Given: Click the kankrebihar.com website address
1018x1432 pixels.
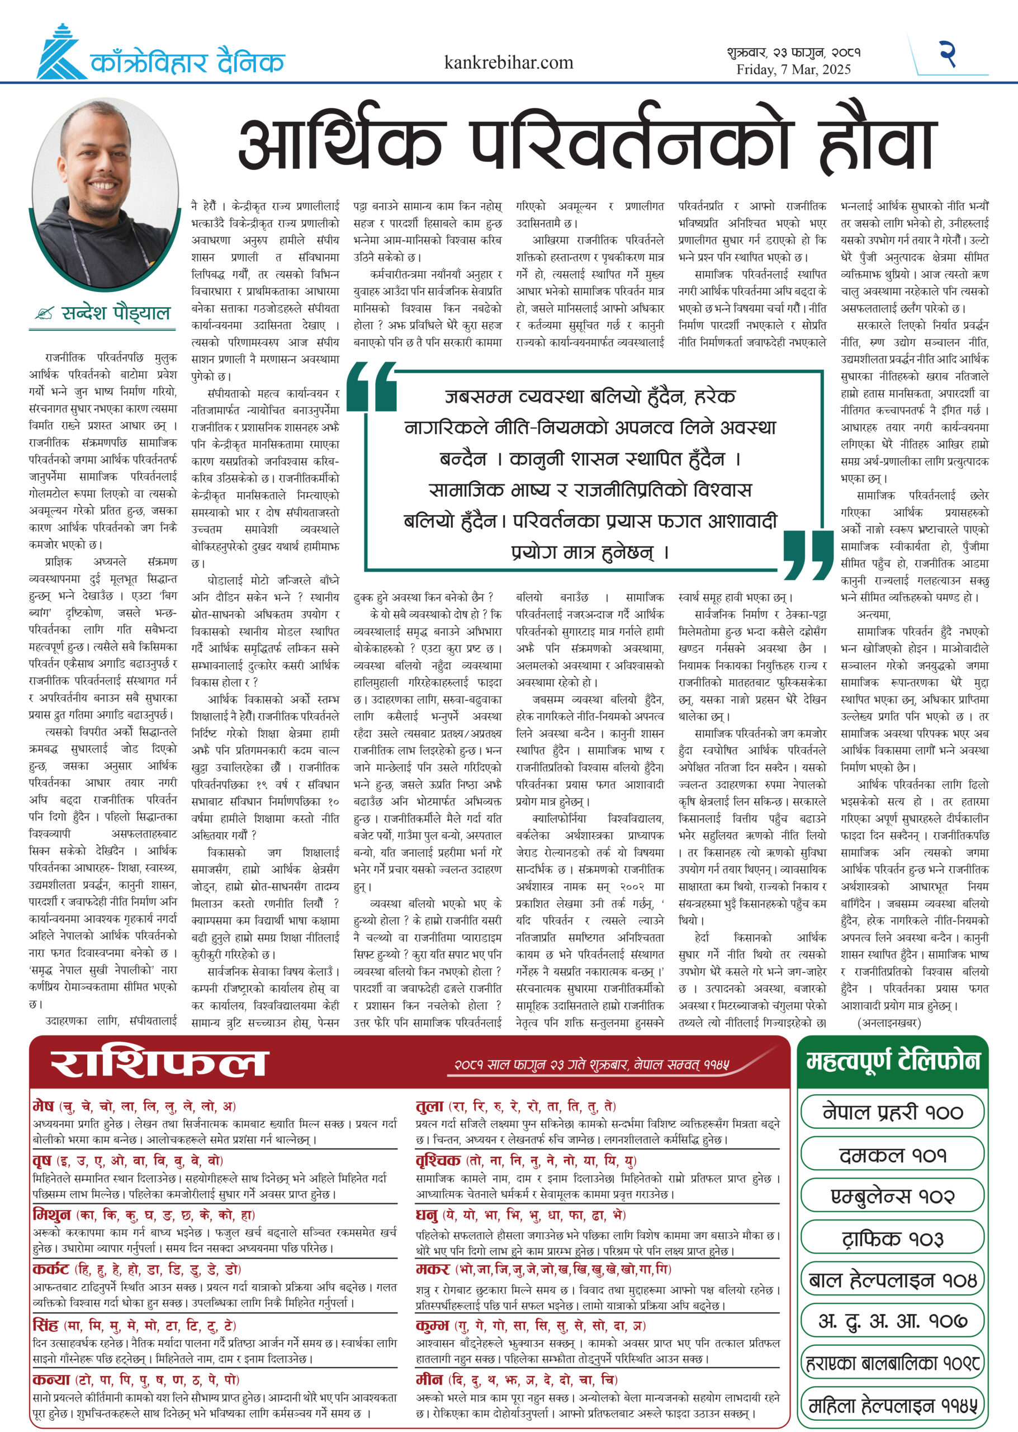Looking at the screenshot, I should pos(508,62).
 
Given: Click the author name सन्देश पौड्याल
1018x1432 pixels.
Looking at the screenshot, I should pos(115,312).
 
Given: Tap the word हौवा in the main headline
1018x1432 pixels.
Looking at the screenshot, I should pos(877,144).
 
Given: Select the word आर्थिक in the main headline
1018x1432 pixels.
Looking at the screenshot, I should pos(339,144).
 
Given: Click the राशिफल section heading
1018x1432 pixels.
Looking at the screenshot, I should pos(159,1064).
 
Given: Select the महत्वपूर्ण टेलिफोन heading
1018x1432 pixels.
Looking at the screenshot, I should pos(893,1061).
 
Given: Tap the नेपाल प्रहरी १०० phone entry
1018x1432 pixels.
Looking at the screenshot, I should pos(893,1112).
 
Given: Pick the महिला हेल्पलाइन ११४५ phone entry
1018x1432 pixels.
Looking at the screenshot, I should pos(893,1406).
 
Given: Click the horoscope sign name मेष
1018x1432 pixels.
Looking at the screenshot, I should pos(43,1105).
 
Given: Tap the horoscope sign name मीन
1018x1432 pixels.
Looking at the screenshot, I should pos(429,1379).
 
